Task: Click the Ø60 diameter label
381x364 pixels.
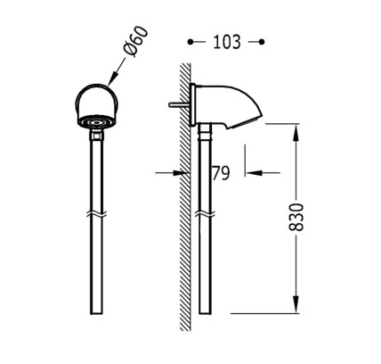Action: click(136, 41)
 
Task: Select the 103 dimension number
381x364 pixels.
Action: click(227, 42)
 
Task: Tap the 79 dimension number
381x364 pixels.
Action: click(221, 173)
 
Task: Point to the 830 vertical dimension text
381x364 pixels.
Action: click(296, 218)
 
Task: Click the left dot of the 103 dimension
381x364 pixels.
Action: click(190, 42)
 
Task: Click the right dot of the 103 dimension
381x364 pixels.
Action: click(262, 42)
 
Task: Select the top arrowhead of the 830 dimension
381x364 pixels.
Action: click(296, 132)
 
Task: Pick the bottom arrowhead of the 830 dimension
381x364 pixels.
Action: click(296, 304)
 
